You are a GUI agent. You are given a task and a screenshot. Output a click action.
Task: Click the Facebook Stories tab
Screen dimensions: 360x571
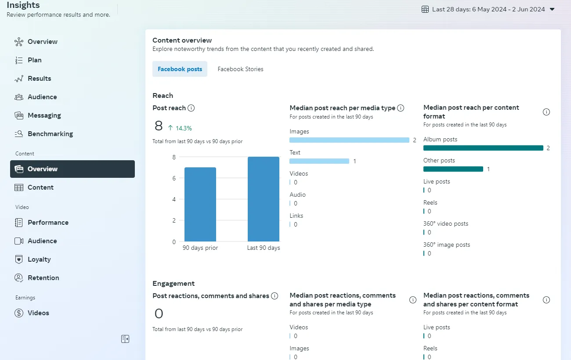pos(240,69)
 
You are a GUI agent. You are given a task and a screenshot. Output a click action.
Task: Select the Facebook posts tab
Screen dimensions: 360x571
pos(180,69)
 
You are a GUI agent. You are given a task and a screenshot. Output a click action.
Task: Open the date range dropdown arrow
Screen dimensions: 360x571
pos(552,9)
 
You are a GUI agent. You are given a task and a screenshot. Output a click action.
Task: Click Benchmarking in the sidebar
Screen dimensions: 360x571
pos(50,134)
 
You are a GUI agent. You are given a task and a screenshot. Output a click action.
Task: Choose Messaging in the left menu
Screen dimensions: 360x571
pos(44,115)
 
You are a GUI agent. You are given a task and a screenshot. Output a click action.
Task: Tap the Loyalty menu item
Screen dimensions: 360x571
pos(39,259)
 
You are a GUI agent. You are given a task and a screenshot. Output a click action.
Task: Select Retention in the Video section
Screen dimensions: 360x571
pos(43,278)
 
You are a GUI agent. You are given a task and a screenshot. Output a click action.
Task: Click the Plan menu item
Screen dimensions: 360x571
pos(34,60)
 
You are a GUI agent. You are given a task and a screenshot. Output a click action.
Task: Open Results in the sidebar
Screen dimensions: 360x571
pos(39,79)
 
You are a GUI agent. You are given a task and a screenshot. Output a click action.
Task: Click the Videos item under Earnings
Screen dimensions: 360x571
pos(38,313)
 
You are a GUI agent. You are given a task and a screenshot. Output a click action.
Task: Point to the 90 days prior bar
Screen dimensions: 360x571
pos(200,205)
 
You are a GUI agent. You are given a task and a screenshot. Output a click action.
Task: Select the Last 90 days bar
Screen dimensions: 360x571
pos(264,199)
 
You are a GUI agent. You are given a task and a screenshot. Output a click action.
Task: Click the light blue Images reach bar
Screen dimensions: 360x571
pos(349,140)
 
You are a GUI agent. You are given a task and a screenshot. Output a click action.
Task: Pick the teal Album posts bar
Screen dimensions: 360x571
pos(483,148)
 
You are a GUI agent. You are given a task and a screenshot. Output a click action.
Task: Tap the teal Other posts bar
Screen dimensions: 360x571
pos(453,169)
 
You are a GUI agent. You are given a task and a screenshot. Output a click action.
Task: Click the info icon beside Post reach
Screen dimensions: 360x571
pos(191,108)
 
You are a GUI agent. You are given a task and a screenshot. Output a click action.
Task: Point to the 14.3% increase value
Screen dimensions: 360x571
pos(184,128)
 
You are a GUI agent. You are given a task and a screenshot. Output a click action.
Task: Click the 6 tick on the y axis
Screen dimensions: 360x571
pos(173,178)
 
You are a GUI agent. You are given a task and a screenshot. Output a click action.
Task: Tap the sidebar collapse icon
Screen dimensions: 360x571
pos(125,339)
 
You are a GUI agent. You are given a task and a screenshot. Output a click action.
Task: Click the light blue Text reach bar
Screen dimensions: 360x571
pos(319,161)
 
